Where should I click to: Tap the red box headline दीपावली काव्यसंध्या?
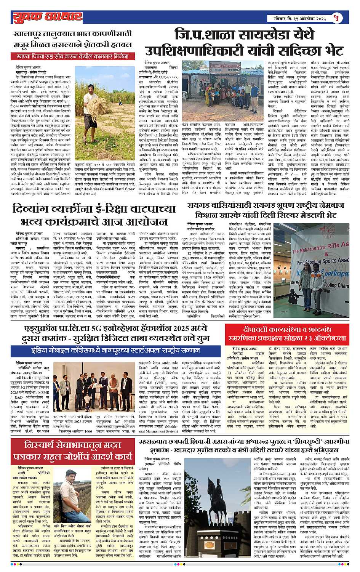tap(292, 333)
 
